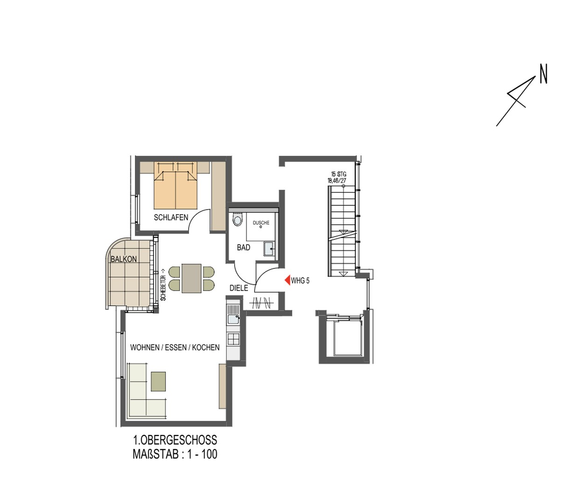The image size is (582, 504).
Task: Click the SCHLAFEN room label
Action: tap(171, 217)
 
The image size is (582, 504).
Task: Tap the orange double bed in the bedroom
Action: tap(175, 189)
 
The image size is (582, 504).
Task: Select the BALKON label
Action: tap(124, 259)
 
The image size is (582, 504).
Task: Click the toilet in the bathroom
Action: tap(238, 219)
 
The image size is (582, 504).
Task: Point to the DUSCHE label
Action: tap(261, 223)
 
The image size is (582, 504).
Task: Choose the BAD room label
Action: tap(244, 247)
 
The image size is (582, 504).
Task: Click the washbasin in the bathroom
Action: tap(270, 248)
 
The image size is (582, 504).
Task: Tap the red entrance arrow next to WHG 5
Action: tap(287, 280)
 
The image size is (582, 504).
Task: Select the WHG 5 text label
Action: tap(300, 281)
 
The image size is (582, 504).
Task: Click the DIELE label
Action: tap(238, 288)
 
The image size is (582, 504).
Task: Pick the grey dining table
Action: tap(191, 278)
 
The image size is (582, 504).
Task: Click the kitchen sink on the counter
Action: tap(232, 319)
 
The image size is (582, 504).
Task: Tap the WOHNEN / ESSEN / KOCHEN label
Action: tap(175, 348)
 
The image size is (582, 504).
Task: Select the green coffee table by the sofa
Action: tap(158, 381)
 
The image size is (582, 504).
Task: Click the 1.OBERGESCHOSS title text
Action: tap(175, 440)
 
